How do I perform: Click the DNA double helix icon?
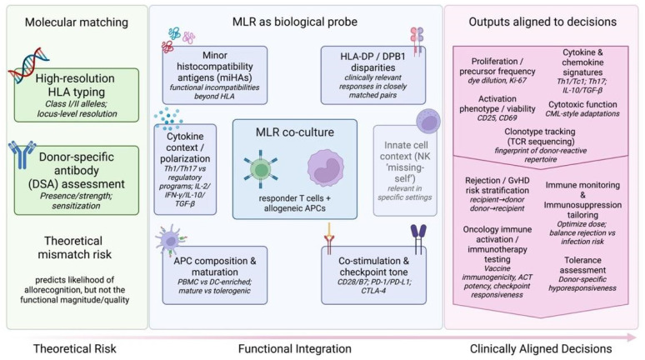[x=28, y=65]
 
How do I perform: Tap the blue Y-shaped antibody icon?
[x=22, y=155]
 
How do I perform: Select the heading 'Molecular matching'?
[x=77, y=22]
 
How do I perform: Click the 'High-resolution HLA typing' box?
[x=77, y=95]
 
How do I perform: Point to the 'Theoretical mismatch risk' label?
[x=74, y=247]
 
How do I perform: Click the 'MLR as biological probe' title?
[x=294, y=22]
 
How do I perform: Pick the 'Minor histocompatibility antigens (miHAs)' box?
[x=215, y=75]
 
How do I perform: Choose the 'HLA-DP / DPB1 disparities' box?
[x=373, y=75]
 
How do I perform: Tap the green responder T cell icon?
[x=260, y=169]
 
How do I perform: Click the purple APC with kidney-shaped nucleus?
[x=326, y=168]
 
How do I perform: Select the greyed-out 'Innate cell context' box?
[x=405, y=170]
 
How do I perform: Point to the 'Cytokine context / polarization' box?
[x=185, y=169]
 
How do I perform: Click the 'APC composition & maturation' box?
[x=215, y=275]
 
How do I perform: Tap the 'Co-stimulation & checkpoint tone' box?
[x=373, y=275]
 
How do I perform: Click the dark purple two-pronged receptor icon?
[x=418, y=238]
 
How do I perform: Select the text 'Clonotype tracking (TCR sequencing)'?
[x=540, y=137]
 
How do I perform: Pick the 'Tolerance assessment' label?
[x=582, y=265]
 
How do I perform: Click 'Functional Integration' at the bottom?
[x=294, y=349]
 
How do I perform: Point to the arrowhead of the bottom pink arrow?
[x=632, y=337]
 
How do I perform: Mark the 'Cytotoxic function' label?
[x=582, y=104]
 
